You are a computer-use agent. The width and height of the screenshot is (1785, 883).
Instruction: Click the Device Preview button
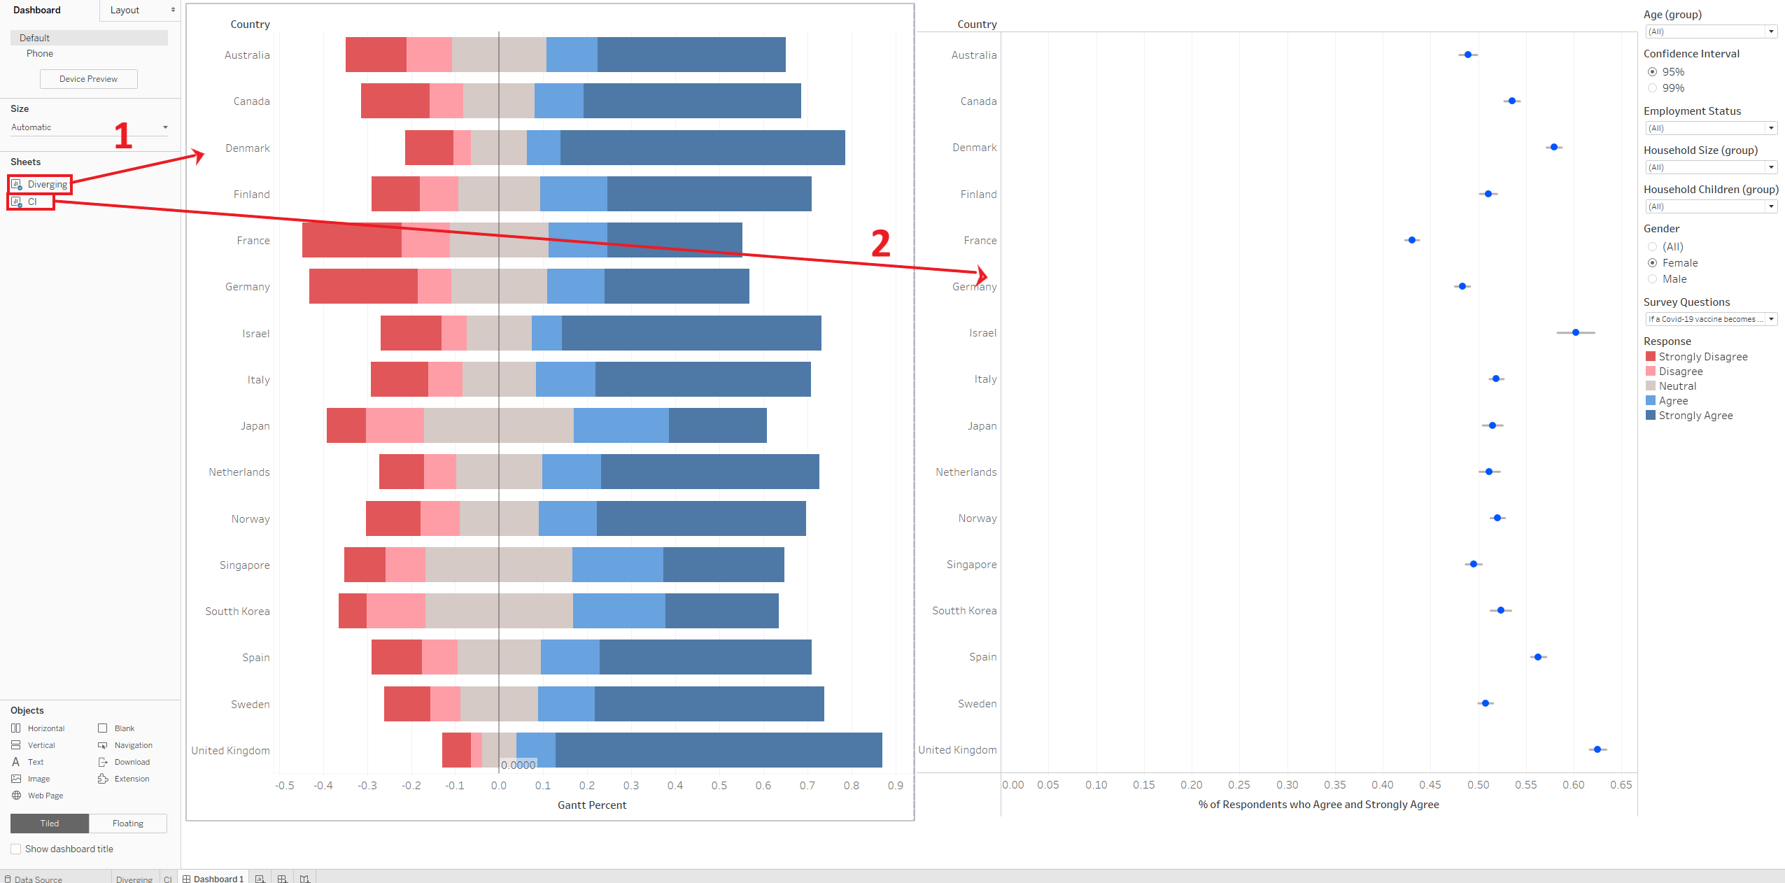[x=88, y=79]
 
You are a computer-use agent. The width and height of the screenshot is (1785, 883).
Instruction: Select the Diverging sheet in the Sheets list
[x=47, y=185]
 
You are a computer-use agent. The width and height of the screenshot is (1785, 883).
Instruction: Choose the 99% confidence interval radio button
[x=1653, y=88]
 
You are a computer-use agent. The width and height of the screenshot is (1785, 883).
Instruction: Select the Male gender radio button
[x=1653, y=279]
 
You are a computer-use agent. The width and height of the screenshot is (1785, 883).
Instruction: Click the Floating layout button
[x=128, y=824]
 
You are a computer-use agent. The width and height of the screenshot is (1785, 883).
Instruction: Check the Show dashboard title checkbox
[x=16, y=849]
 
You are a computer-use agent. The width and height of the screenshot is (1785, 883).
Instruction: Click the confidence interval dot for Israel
[x=1576, y=332]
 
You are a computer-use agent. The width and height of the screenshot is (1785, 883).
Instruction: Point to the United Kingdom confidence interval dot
[x=1597, y=749]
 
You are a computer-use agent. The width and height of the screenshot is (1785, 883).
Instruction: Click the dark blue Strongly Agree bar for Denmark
[x=702, y=148]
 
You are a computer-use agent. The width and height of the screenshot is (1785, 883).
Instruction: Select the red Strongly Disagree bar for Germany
[x=363, y=286]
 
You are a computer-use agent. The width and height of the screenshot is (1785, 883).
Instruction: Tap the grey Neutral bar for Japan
[x=498, y=425]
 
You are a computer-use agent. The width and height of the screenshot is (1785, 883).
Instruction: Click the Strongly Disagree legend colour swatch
[x=1651, y=357]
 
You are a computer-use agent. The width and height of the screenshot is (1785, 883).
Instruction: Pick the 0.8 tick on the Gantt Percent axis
[x=852, y=785]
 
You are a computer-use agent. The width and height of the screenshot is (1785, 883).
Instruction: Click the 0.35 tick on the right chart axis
[x=1335, y=785]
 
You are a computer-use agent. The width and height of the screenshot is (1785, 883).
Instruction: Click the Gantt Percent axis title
[x=592, y=805]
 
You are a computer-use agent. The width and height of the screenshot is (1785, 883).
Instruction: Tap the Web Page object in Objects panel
[x=45, y=796]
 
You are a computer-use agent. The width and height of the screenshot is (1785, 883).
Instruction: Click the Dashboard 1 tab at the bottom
[x=218, y=879]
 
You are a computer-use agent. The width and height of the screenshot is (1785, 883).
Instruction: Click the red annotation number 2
[x=881, y=243]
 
